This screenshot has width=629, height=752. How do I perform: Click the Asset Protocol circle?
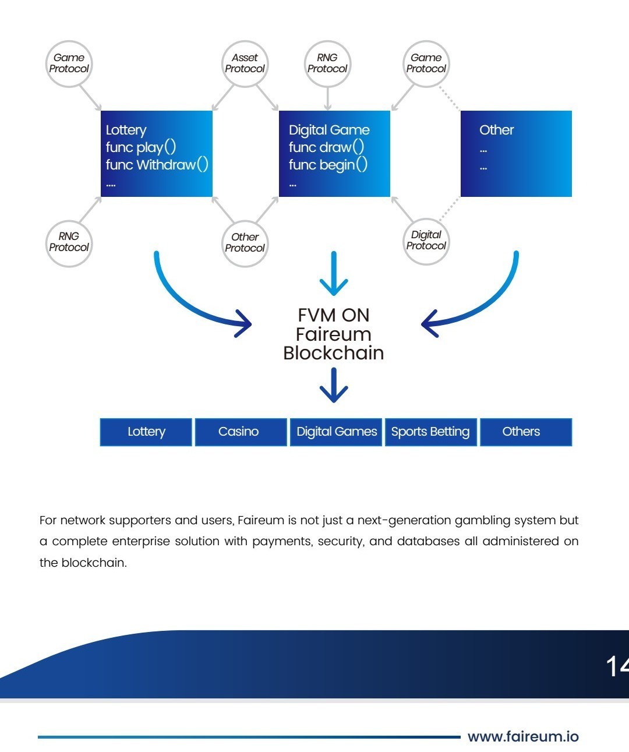tap(245, 63)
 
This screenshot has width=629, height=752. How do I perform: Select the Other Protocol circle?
tap(245, 243)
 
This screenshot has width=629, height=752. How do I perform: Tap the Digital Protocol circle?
tap(426, 241)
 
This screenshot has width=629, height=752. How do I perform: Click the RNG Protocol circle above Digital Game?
tap(327, 63)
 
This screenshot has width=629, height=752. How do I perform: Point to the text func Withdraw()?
tap(157, 165)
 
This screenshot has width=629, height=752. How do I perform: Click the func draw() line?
tap(326, 147)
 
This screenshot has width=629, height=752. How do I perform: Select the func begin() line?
tap(328, 165)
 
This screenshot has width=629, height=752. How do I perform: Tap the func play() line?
tap(140, 147)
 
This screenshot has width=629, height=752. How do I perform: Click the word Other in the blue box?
tap(496, 130)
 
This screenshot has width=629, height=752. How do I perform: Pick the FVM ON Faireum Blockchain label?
tap(333, 334)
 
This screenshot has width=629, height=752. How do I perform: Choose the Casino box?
tap(239, 432)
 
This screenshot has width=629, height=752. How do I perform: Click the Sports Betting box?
tap(430, 432)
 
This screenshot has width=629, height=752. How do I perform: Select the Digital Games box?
tap(337, 432)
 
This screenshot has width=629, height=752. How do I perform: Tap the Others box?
tap(521, 432)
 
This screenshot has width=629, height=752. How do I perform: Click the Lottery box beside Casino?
tap(146, 432)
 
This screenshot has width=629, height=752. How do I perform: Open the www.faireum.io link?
tap(523, 737)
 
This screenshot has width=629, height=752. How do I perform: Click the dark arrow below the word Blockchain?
tap(334, 387)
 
